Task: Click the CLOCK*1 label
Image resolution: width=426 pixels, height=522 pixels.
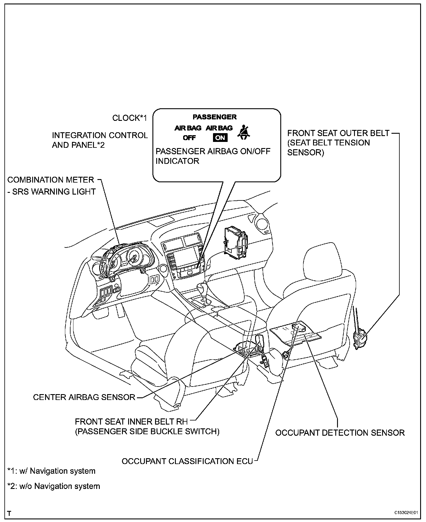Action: click(130, 118)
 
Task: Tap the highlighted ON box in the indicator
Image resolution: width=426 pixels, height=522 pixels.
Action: click(220, 138)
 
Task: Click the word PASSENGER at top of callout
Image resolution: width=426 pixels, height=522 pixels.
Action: click(214, 117)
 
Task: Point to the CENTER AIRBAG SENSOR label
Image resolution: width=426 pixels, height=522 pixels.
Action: click(84, 397)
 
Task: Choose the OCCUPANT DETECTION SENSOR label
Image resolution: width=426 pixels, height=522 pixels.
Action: click(340, 432)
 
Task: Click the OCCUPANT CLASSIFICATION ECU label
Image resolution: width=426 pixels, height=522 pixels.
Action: click(187, 461)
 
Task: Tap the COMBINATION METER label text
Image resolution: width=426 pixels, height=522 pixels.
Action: click(51, 180)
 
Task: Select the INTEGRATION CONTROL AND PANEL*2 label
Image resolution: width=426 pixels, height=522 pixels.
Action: click(100, 140)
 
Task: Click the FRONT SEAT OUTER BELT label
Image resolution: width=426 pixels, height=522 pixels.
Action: click(338, 133)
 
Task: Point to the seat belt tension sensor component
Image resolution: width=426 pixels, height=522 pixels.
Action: click(360, 336)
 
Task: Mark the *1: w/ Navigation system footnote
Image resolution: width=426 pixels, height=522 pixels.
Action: click(51, 471)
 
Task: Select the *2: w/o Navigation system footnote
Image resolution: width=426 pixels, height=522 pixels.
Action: click(54, 486)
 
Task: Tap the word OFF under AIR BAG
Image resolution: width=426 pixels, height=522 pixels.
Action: click(189, 138)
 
